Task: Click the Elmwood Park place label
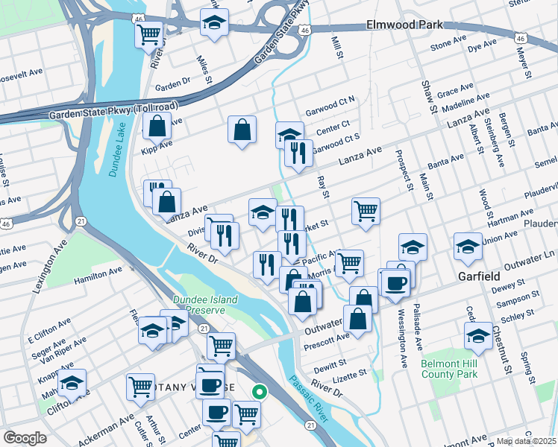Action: [x=404, y=25]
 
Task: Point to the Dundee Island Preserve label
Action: [x=205, y=305]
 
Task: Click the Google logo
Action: [x=25, y=437]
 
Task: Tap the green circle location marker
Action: [x=260, y=390]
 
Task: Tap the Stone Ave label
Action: [x=449, y=45]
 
